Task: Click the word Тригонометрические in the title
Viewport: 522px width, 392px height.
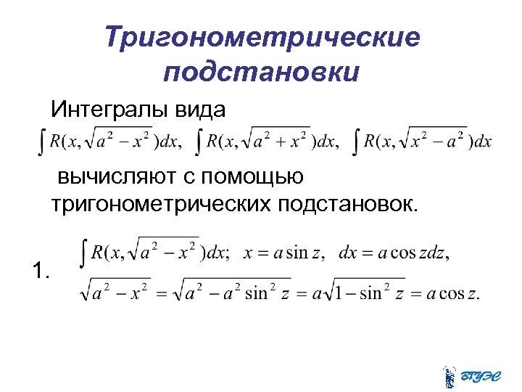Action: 262,37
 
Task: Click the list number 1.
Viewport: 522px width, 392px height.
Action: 41,272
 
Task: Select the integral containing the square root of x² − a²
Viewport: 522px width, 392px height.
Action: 423,140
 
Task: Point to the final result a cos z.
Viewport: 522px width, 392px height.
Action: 453,294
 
